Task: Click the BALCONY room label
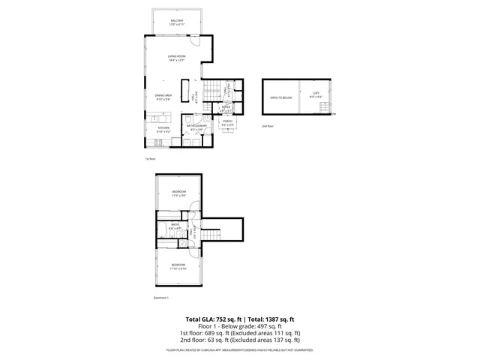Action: [176, 21]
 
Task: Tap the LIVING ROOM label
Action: [176, 57]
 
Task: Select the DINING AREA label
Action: [163, 95]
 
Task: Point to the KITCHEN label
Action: [163, 127]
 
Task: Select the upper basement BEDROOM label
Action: [178, 193]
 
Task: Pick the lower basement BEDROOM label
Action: [178, 265]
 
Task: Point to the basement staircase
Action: [212, 234]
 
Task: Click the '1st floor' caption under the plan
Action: [149, 159]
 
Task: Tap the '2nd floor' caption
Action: [267, 127]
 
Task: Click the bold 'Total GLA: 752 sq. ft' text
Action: [209, 319]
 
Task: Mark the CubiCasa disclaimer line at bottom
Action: [239, 350]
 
